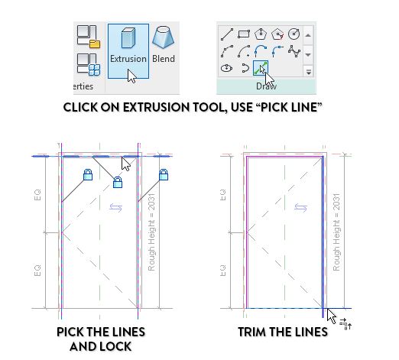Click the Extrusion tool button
point(128,50)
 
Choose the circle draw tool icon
point(279,34)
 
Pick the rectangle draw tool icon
point(243,34)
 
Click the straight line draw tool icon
point(225,34)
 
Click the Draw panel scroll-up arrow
point(308,34)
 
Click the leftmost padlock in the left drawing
point(87,176)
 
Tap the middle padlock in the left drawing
point(117,182)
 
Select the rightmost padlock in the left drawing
point(163,176)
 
